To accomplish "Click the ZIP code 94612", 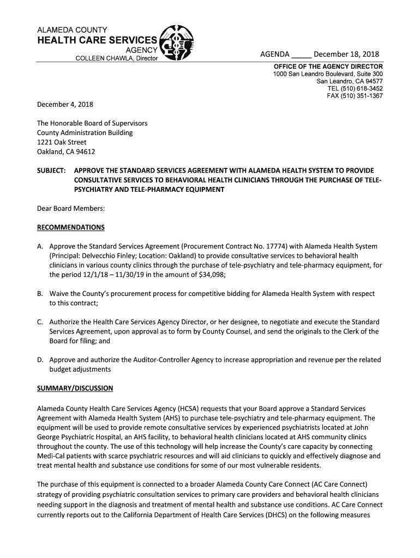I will point(85,151).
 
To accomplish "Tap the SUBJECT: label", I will point(51,171).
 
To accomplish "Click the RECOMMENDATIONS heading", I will point(70,227).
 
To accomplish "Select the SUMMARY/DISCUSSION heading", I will point(75,389).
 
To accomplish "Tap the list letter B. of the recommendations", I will point(40,294).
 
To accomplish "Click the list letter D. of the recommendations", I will point(40,360).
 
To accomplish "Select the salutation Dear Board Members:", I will point(70,208).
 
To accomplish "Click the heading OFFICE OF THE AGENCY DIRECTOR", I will point(328,66).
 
